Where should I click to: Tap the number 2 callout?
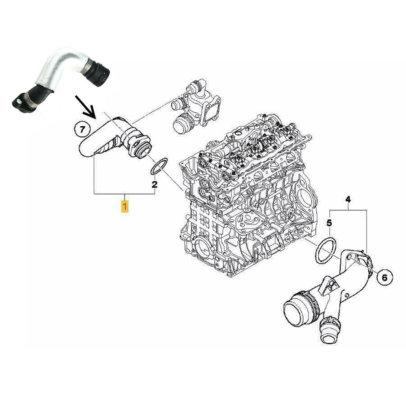point(154,185)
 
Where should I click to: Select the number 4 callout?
point(348,199)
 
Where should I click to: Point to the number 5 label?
point(329,223)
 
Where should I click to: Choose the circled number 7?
point(82,130)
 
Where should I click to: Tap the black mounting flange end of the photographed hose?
point(21,101)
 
